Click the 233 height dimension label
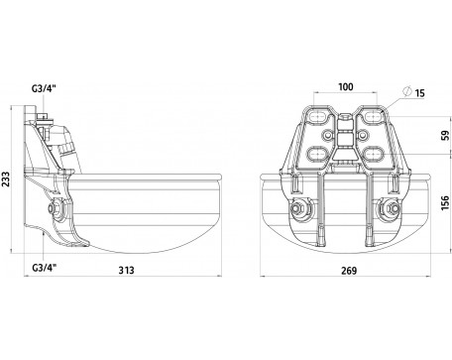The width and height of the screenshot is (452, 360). click(x=6, y=180)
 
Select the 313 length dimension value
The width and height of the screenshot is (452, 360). click(x=127, y=270)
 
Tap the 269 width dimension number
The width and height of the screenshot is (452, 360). click(x=349, y=271)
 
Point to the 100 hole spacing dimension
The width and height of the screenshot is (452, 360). click(x=346, y=87)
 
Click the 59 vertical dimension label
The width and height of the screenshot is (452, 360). click(x=446, y=135)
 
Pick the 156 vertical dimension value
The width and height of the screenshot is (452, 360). click(x=446, y=202)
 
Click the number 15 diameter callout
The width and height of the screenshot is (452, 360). click(x=419, y=93)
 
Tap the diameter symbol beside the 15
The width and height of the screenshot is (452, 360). click(x=407, y=91)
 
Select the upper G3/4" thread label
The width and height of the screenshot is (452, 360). click(x=45, y=88)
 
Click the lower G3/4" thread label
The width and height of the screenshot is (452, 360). click(x=45, y=268)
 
